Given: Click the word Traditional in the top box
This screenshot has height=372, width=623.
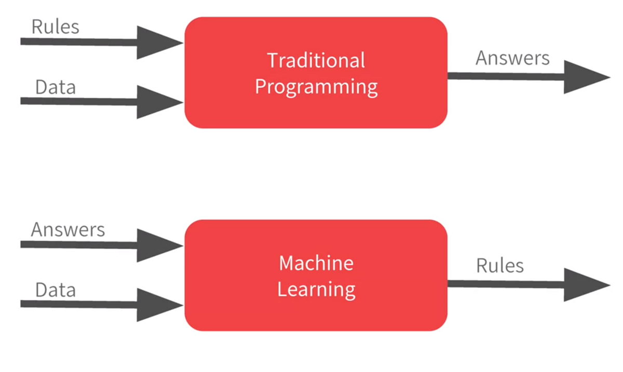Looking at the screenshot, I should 316,60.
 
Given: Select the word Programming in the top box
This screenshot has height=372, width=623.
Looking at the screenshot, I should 316,87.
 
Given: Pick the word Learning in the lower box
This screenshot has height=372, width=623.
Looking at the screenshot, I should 316,289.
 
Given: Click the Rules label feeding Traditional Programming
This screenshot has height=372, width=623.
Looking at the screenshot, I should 55,26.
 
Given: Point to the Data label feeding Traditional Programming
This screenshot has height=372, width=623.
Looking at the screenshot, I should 55,87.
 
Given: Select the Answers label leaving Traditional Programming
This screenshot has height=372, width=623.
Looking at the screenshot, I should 512,58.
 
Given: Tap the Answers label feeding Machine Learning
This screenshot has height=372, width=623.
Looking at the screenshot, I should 67,229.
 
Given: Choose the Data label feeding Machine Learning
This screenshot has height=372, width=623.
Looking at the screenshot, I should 55,290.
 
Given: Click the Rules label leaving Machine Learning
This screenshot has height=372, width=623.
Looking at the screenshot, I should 500,266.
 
